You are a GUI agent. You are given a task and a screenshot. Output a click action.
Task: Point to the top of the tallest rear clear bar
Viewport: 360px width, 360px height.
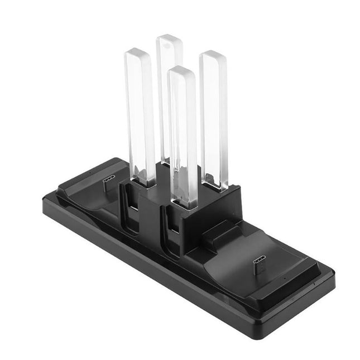(169, 40)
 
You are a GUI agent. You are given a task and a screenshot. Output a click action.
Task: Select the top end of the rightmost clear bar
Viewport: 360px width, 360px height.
(213, 56)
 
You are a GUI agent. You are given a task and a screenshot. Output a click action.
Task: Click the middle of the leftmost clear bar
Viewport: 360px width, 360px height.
(141, 117)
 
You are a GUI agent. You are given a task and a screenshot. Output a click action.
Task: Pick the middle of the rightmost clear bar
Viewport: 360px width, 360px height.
(214, 120)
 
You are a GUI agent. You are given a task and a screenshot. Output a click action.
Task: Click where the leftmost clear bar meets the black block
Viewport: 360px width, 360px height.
(144, 182)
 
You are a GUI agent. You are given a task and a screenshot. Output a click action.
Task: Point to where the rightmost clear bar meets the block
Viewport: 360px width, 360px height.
(215, 185)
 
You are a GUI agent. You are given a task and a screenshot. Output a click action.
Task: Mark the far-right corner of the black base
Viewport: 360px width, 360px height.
(334, 273)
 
